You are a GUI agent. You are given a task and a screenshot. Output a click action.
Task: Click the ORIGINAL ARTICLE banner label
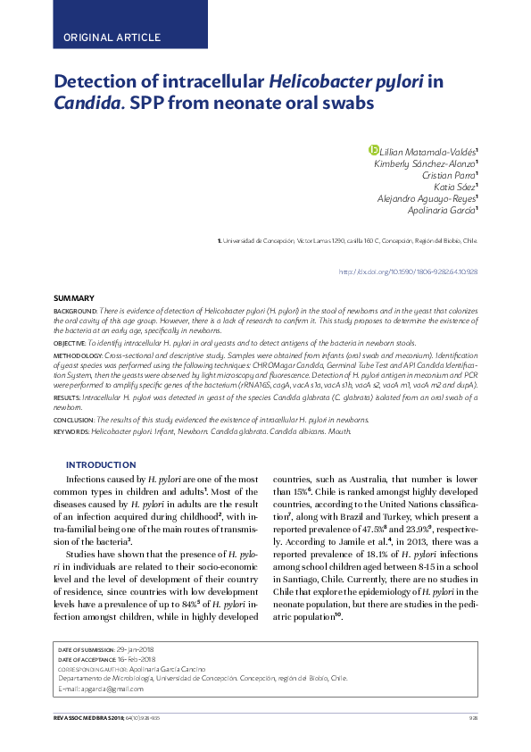coord(112,38)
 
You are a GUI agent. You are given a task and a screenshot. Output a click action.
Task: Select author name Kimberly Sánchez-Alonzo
coord(425,164)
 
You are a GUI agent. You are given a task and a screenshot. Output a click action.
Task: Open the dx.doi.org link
coord(409,272)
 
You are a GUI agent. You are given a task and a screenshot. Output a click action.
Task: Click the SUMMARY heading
coord(74,297)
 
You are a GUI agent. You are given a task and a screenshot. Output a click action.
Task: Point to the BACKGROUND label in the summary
coord(75,308)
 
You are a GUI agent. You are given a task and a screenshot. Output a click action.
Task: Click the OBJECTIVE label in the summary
coord(70,342)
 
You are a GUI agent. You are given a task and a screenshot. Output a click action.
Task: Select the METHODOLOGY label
coord(78,355)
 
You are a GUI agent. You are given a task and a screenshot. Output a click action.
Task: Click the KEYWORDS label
coord(71,430)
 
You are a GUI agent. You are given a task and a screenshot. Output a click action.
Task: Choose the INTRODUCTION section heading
coord(101,464)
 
